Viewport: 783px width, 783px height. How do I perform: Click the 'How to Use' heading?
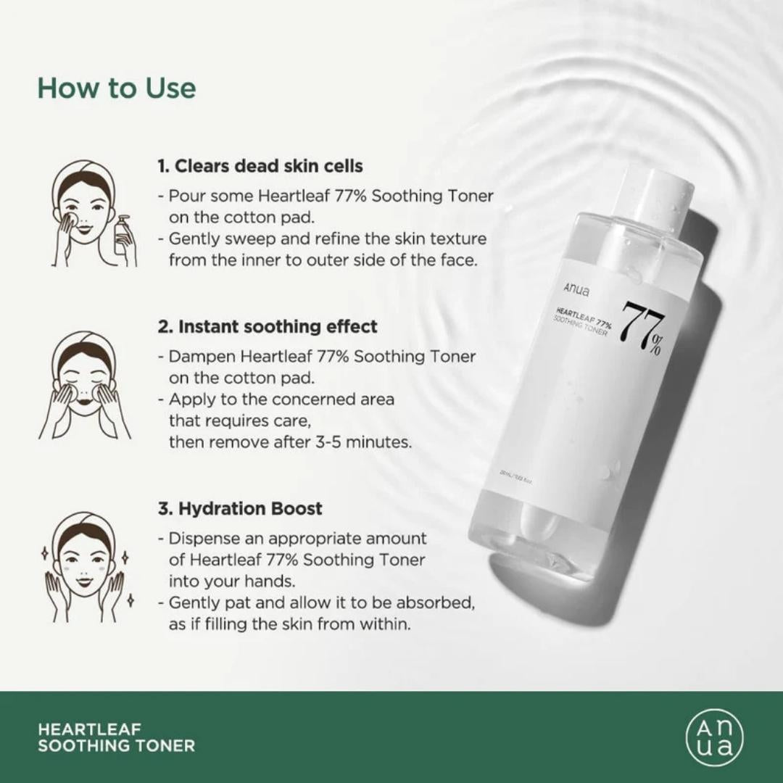coord(117,88)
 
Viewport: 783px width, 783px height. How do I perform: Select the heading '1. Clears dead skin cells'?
coord(260,166)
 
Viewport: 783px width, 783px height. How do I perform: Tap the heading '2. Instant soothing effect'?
coord(268,326)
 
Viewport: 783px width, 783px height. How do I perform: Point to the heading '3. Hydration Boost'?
coord(240,508)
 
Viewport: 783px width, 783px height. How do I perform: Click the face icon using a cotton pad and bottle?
coord(86,214)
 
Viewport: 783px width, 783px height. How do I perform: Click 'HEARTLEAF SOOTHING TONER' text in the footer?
coord(116,737)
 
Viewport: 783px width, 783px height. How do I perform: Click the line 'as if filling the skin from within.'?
coord(290,623)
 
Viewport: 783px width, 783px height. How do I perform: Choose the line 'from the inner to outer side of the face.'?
coord(323,260)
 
